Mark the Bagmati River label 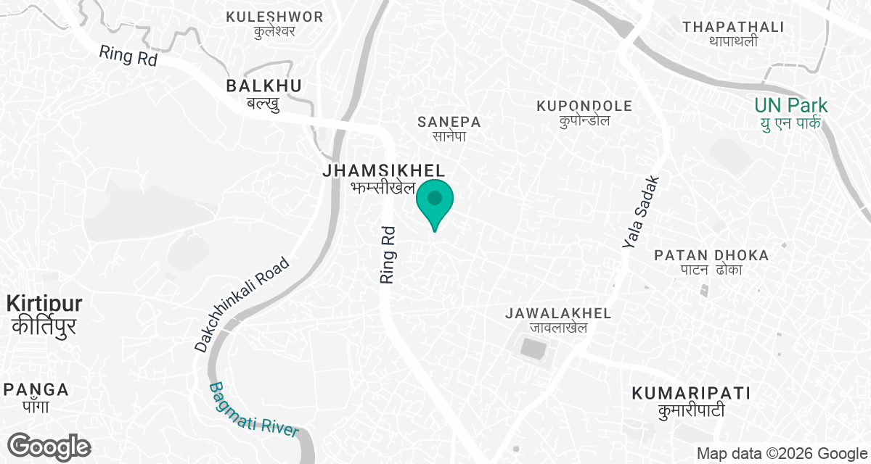coord(254,410)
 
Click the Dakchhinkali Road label coord(242,304)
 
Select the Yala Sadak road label coord(639,212)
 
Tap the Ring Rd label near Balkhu coord(128,56)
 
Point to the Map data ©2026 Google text coord(781,454)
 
